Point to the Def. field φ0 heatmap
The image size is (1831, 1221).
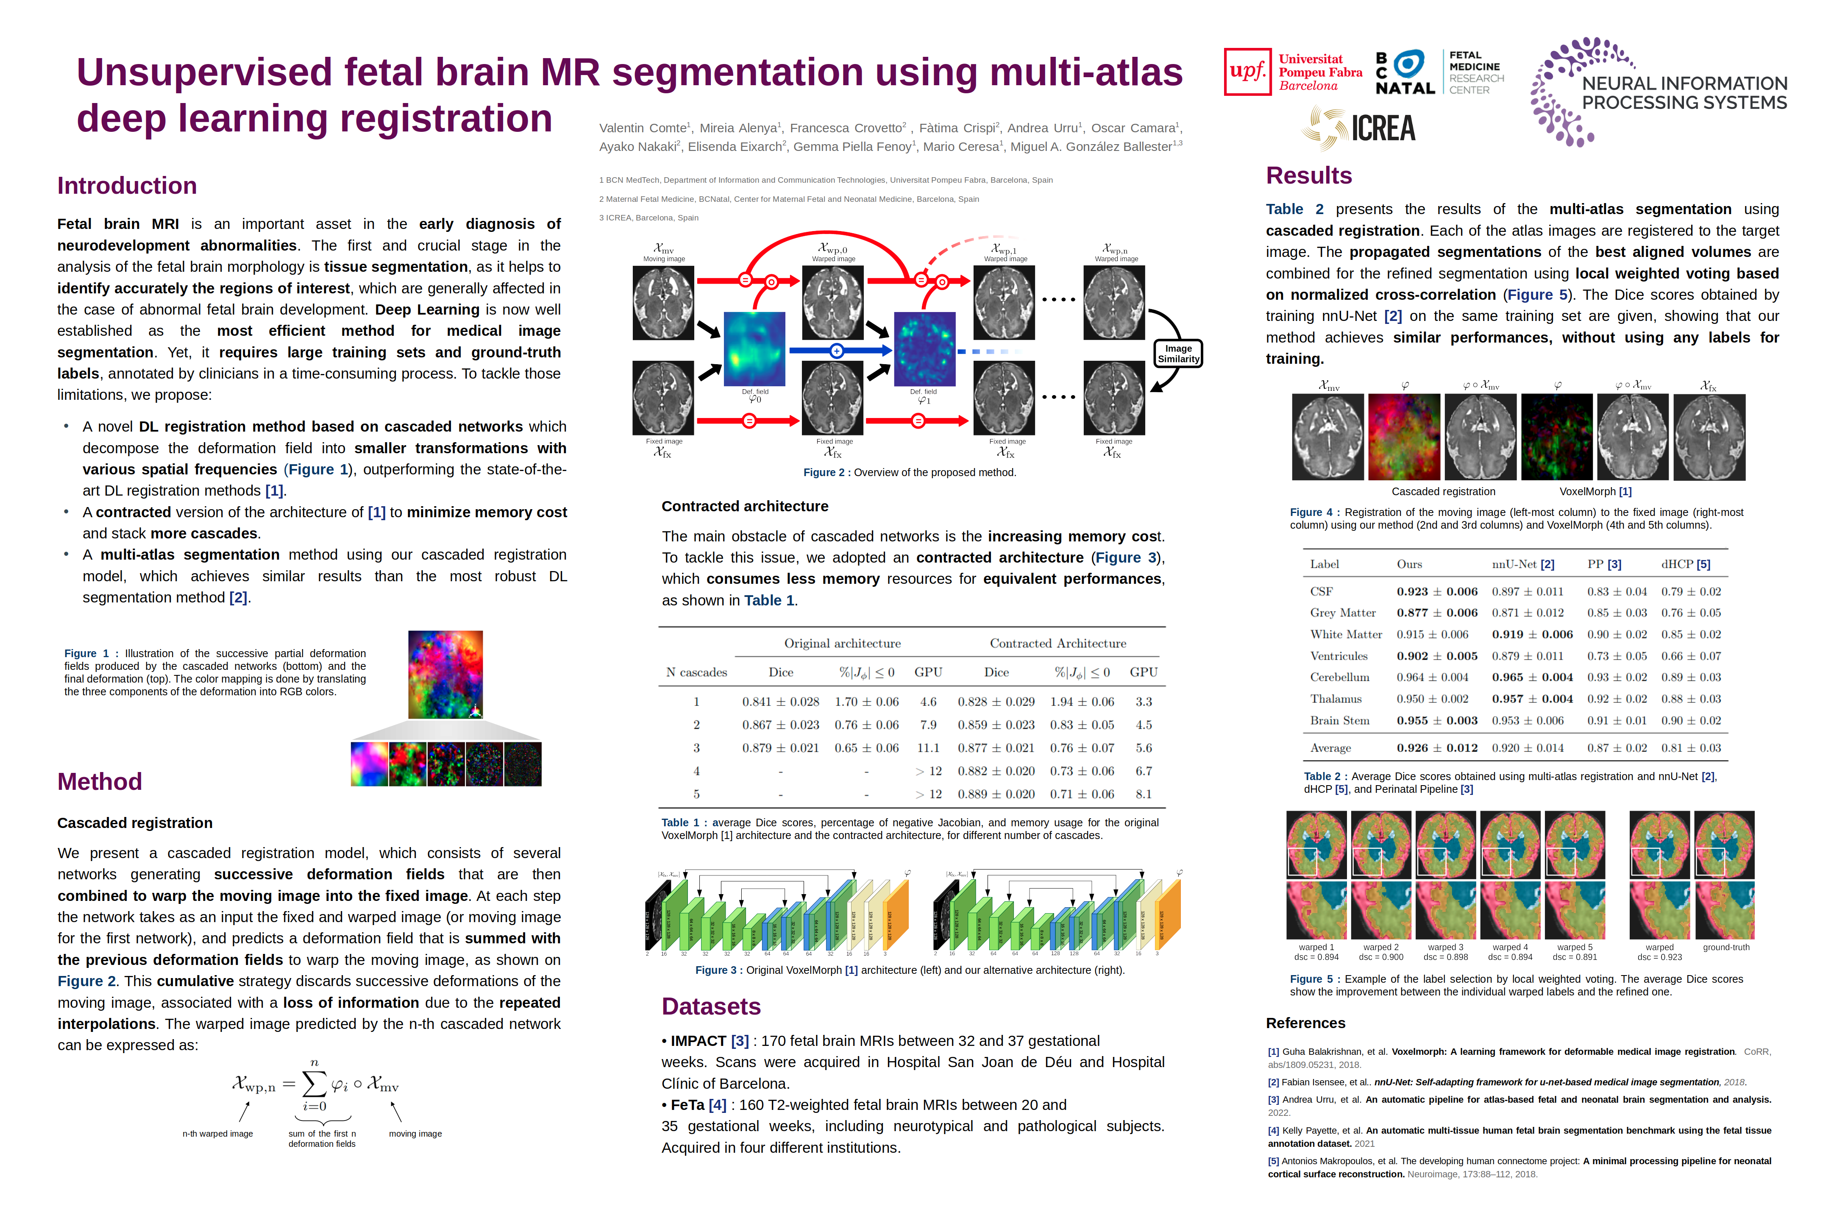[x=754, y=349]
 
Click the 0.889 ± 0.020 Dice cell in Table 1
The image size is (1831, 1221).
[x=996, y=794]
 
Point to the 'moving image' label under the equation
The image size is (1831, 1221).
[x=415, y=1134]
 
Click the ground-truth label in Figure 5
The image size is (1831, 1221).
[x=1726, y=948]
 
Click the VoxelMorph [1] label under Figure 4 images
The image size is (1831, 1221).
[x=1595, y=491]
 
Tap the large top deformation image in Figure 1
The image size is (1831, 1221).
[x=445, y=675]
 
